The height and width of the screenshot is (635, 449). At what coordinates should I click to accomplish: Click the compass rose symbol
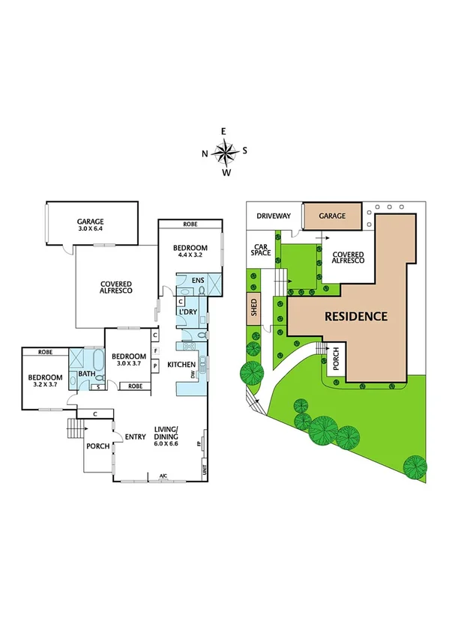223,152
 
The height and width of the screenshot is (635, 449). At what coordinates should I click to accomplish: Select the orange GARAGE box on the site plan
332,216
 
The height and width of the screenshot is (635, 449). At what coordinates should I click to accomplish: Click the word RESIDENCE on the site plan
355,316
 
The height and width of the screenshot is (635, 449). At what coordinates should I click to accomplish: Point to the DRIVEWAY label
274,216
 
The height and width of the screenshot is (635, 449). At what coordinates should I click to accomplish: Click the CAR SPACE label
260,249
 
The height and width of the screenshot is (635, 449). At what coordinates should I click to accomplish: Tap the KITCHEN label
181,365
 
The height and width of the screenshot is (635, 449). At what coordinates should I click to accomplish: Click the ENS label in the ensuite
198,281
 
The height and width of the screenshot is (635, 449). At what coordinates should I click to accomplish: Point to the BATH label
87,373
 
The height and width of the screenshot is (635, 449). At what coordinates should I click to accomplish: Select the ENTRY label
135,438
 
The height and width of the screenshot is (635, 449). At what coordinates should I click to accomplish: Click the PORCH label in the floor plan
97,446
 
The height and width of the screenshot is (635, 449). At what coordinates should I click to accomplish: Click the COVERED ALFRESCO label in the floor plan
116,288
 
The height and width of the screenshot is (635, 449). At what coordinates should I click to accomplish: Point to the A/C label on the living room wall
162,476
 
